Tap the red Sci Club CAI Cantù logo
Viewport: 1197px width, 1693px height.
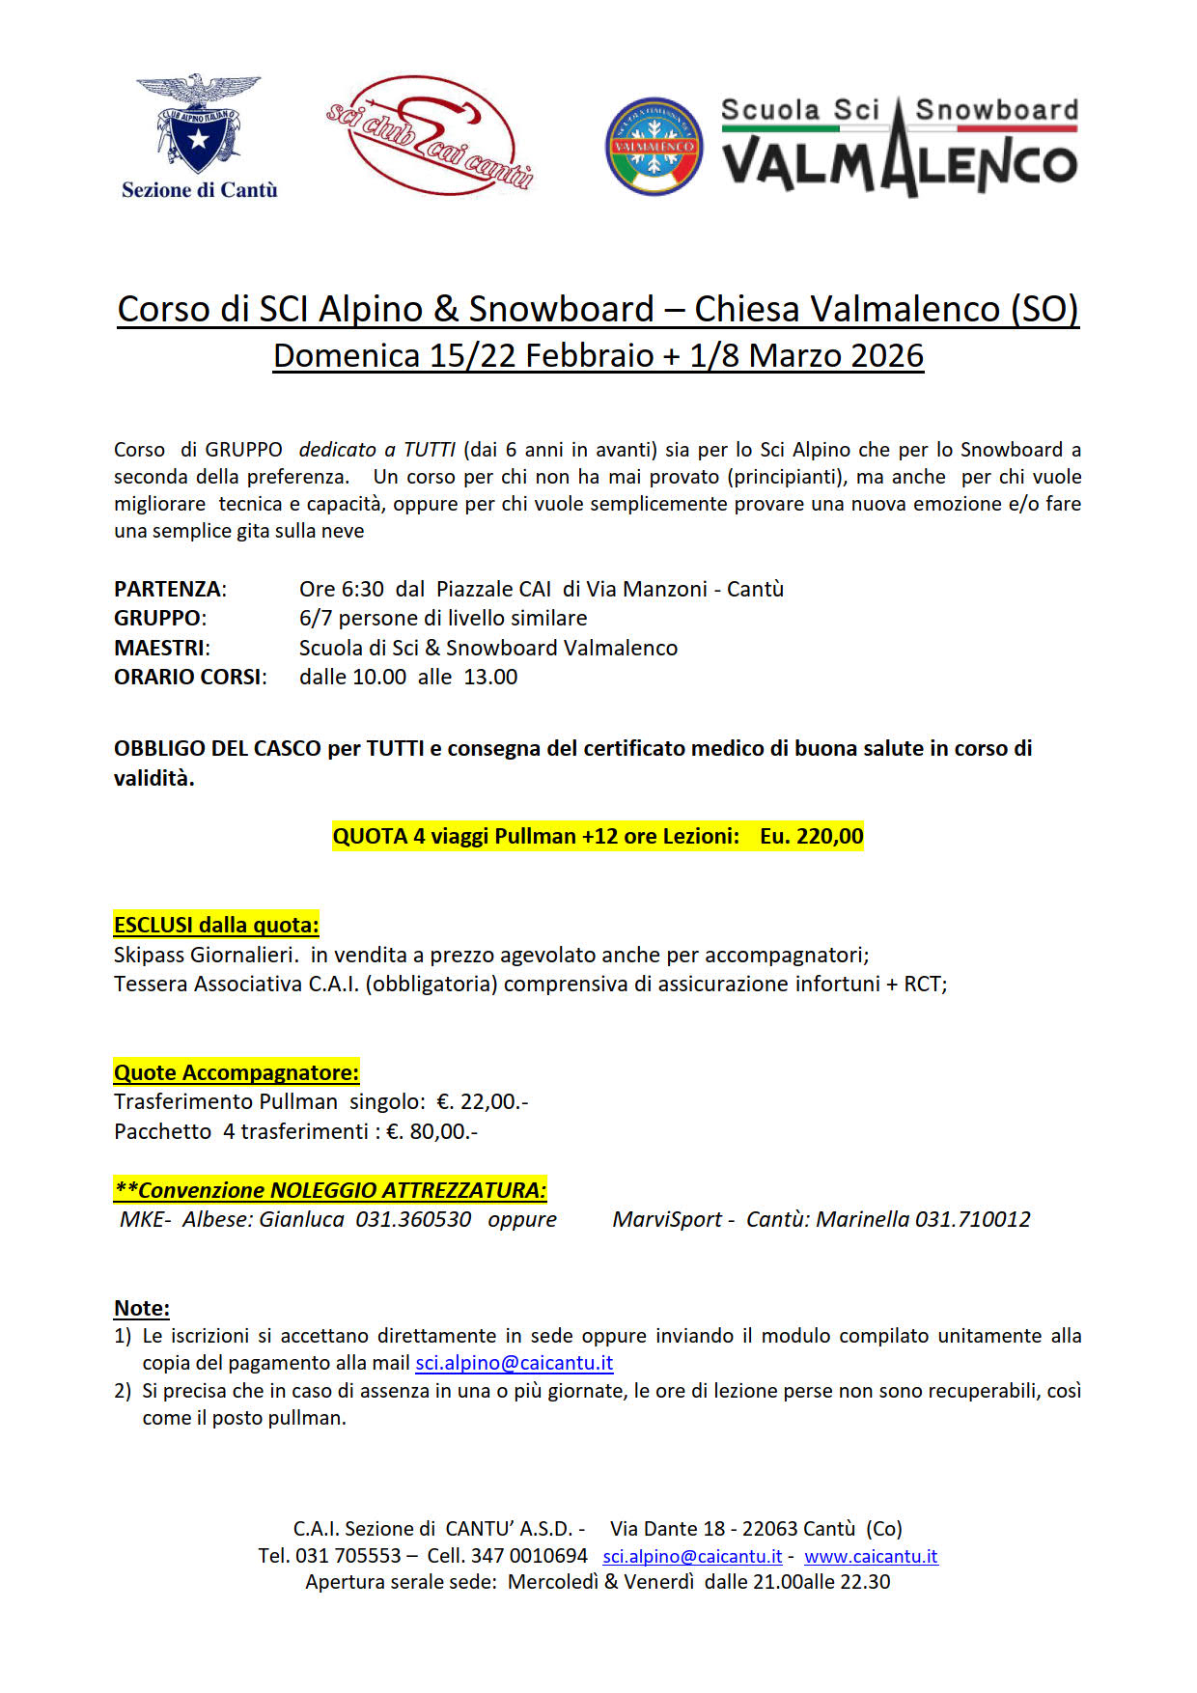pos(430,135)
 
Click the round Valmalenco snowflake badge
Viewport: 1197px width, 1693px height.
pos(654,146)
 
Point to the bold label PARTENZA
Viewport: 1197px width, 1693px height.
pos(168,589)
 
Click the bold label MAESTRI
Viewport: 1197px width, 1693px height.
pos(159,648)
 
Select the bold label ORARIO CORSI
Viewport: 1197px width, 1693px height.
pos(188,677)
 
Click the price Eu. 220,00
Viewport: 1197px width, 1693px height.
pos(811,836)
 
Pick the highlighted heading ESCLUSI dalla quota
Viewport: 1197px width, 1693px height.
pos(216,925)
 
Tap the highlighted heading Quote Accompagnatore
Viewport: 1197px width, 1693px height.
pos(237,1072)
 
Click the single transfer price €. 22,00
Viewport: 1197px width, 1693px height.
pos(482,1101)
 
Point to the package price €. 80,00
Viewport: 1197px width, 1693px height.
pos(431,1131)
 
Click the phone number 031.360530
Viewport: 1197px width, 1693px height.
pos(413,1219)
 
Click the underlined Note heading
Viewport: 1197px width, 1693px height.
pos(142,1308)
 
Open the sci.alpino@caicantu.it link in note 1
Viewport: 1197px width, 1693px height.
pos(514,1363)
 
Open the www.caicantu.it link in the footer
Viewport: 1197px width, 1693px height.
pos(871,1556)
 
